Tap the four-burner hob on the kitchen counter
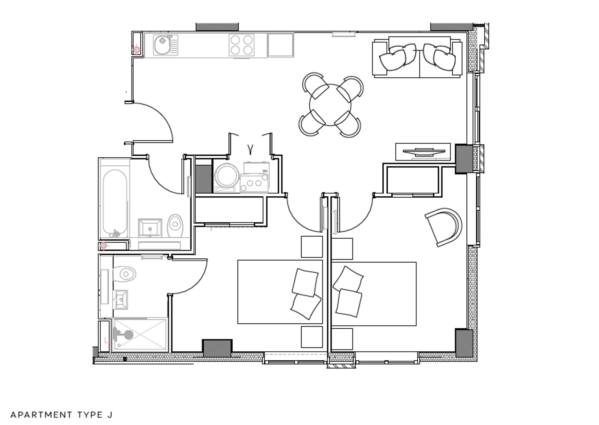(241, 45)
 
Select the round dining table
(330, 105)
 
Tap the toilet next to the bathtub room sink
(176, 226)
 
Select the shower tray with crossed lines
(140, 334)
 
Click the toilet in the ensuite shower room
(125, 274)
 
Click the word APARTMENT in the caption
(41, 415)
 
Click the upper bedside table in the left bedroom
(311, 247)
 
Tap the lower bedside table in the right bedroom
(342, 339)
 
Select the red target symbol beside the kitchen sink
(137, 49)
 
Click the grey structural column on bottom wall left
(217, 348)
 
